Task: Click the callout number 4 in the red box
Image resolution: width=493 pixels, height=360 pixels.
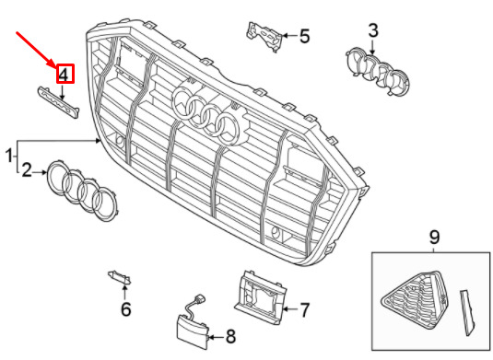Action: (x=64, y=75)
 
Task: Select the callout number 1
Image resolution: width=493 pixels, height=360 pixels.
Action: (x=9, y=156)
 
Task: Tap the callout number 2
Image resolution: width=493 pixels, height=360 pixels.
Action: (x=27, y=170)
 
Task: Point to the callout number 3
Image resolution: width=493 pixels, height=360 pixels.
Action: (x=373, y=30)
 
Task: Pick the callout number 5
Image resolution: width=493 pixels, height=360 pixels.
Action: (x=304, y=36)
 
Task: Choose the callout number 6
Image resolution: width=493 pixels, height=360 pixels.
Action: (x=125, y=309)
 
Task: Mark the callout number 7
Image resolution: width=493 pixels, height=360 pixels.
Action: (x=304, y=309)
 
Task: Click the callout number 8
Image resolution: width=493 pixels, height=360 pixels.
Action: (x=230, y=337)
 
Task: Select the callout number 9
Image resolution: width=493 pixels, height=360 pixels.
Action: (x=434, y=238)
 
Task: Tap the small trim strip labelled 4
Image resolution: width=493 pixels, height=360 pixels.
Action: (x=59, y=103)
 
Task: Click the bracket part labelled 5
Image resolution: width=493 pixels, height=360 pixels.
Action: (x=264, y=36)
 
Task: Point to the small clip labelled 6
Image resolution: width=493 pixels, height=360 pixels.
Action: (x=120, y=277)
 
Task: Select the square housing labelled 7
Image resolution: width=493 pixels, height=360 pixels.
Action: (x=260, y=296)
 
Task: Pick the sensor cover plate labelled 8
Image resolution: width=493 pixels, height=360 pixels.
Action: (x=193, y=332)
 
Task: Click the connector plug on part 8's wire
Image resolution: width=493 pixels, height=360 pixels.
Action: (x=199, y=298)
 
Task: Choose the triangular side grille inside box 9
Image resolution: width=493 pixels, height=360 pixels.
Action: (x=416, y=300)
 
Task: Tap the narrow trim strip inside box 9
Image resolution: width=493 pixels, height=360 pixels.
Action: (x=467, y=313)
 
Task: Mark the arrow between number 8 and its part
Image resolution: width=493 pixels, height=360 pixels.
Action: (x=217, y=338)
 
